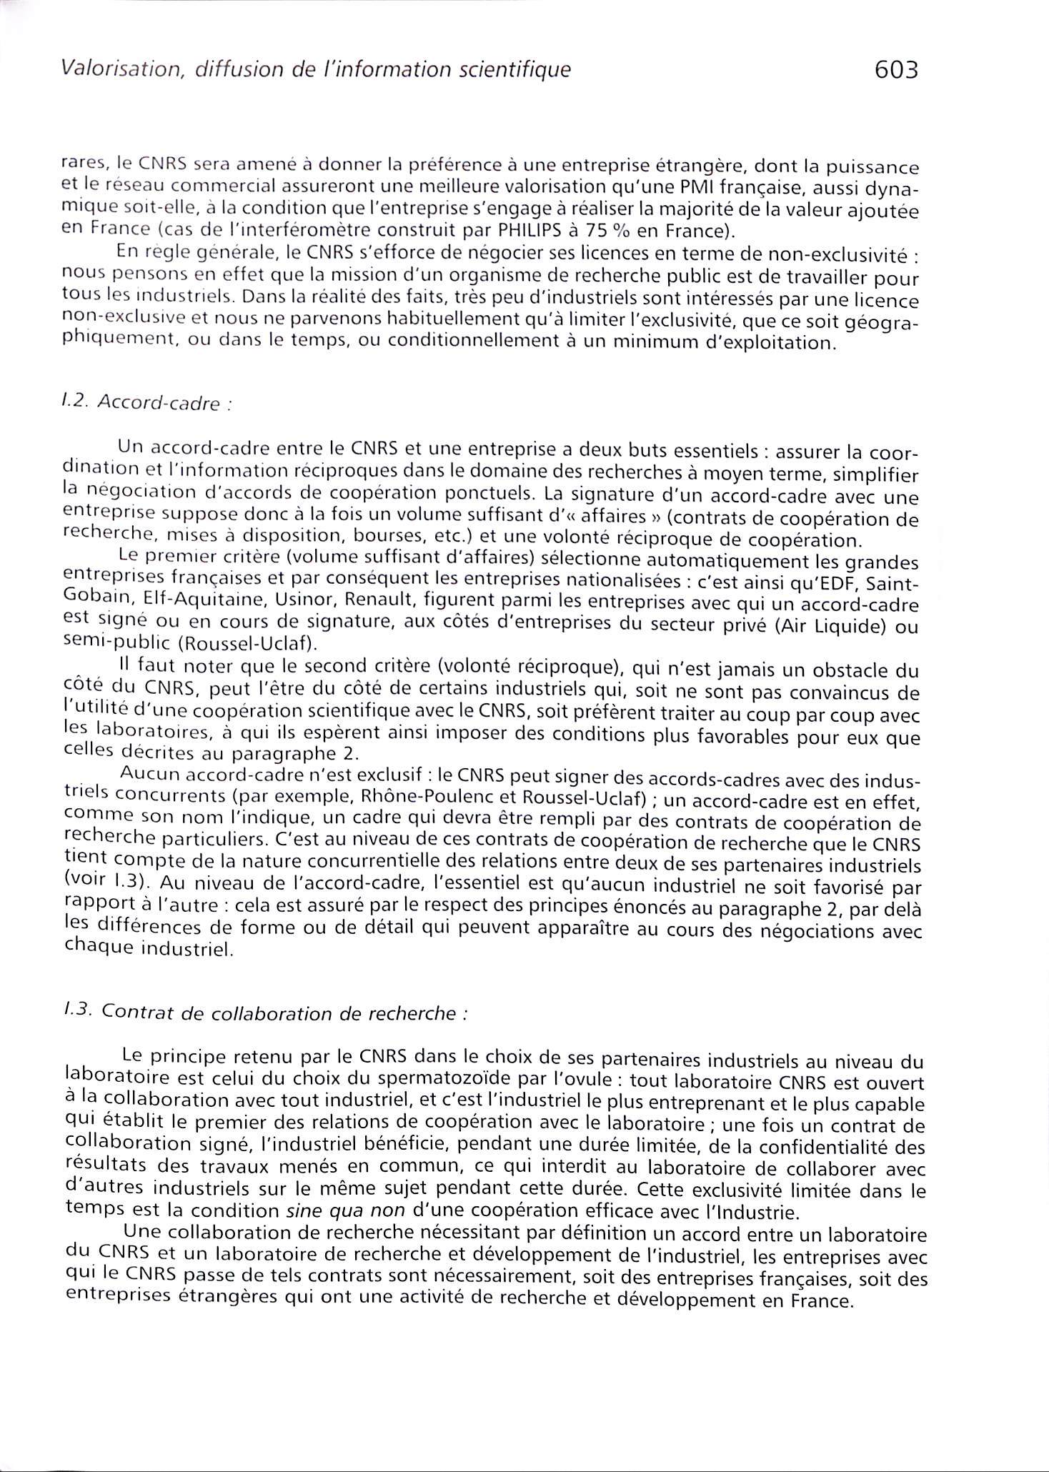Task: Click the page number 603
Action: [895, 70]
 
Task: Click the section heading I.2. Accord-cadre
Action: [147, 403]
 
